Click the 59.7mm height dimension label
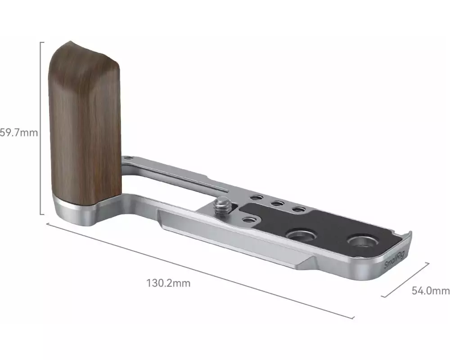click(19, 133)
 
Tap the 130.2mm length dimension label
click(168, 283)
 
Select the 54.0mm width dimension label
click(431, 291)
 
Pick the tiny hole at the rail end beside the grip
click(129, 157)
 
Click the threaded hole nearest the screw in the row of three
click(256, 198)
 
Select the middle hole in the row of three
click(278, 203)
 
